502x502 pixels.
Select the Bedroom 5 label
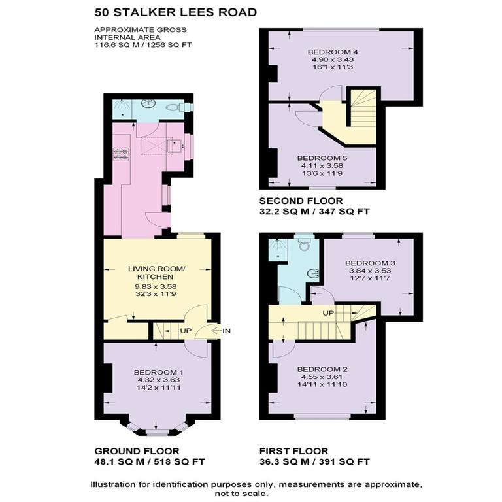(x=322, y=158)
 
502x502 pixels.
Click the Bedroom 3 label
(x=371, y=263)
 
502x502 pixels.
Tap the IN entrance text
(x=227, y=331)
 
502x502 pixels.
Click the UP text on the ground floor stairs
(x=186, y=331)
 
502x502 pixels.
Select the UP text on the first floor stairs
(x=328, y=313)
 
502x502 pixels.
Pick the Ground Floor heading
(x=137, y=451)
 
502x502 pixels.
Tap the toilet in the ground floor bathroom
(x=175, y=108)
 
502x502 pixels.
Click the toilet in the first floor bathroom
(x=304, y=245)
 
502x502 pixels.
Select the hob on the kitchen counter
(x=122, y=154)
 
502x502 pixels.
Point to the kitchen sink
(x=175, y=146)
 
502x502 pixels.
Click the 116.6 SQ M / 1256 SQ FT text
(x=144, y=45)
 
